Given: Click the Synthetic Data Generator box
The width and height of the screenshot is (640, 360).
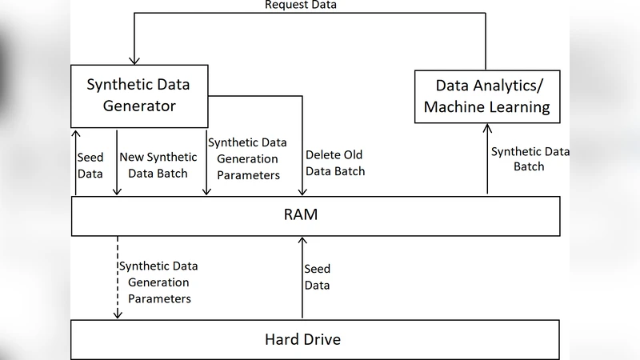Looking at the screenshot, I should tap(140, 94).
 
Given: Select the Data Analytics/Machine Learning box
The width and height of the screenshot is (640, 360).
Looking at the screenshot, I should tap(487, 96).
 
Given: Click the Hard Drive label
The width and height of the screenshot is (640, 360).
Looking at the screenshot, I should tap(302, 339).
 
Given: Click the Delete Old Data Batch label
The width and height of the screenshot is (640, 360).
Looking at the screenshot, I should tap(335, 163).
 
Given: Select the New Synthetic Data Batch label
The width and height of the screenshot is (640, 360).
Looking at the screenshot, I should tap(154, 166).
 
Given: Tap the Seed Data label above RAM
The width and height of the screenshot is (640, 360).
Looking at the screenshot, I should tap(90, 166).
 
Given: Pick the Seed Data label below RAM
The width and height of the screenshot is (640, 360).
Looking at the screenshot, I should tap(318, 277).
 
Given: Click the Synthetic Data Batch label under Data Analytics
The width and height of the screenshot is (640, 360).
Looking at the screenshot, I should tap(518, 158).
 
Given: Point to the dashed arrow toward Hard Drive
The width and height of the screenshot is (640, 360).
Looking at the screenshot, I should tap(118, 276).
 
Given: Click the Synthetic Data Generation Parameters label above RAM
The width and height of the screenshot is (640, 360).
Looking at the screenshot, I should tap(244, 158).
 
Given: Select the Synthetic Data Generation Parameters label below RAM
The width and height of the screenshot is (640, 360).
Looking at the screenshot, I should tap(158, 282).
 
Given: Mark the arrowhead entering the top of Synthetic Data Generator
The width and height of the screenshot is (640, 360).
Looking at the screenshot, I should tap(134, 58).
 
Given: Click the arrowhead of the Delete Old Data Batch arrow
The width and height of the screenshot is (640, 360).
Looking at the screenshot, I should tap(302, 192).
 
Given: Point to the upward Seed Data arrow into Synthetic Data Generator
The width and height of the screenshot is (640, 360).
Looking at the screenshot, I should tap(76, 160).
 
